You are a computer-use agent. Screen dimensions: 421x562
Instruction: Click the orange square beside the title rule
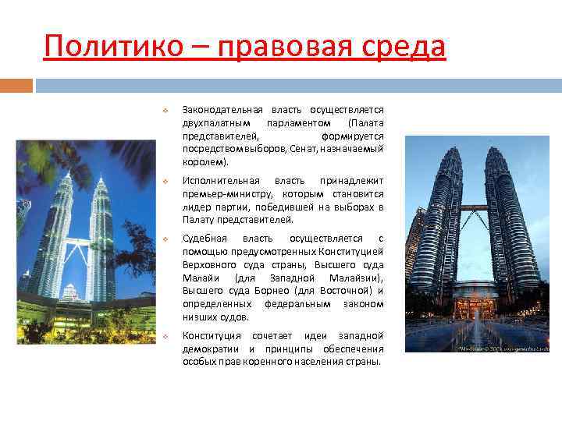(x=16, y=83)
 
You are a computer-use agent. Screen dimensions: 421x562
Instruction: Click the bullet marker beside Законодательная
(x=165, y=111)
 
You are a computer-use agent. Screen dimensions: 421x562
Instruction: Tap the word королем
(x=204, y=163)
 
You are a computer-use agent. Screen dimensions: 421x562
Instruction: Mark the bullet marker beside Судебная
(x=165, y=239)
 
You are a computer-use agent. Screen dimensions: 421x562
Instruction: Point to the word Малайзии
(x=350, y=278)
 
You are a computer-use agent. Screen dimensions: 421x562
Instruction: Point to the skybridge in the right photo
(x=474, y=208)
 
